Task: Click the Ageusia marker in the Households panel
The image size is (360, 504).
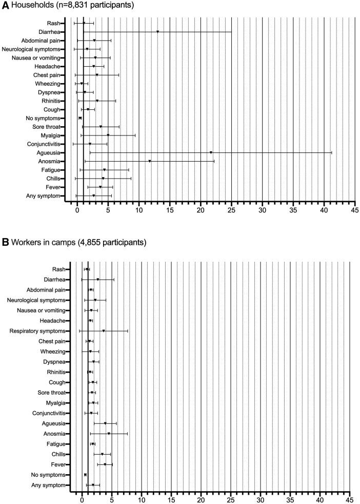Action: point(211,152)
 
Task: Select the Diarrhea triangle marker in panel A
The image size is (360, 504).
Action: point(157,32)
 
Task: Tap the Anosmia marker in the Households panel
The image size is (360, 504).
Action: point(150,161)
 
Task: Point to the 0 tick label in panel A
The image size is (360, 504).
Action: point(77,210)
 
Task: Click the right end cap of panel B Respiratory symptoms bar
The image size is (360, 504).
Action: point(127,331)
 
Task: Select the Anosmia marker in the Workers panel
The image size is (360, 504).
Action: point(109,434)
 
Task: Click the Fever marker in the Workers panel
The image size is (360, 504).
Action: point(105,464)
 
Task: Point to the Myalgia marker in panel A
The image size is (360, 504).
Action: point(108,135)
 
